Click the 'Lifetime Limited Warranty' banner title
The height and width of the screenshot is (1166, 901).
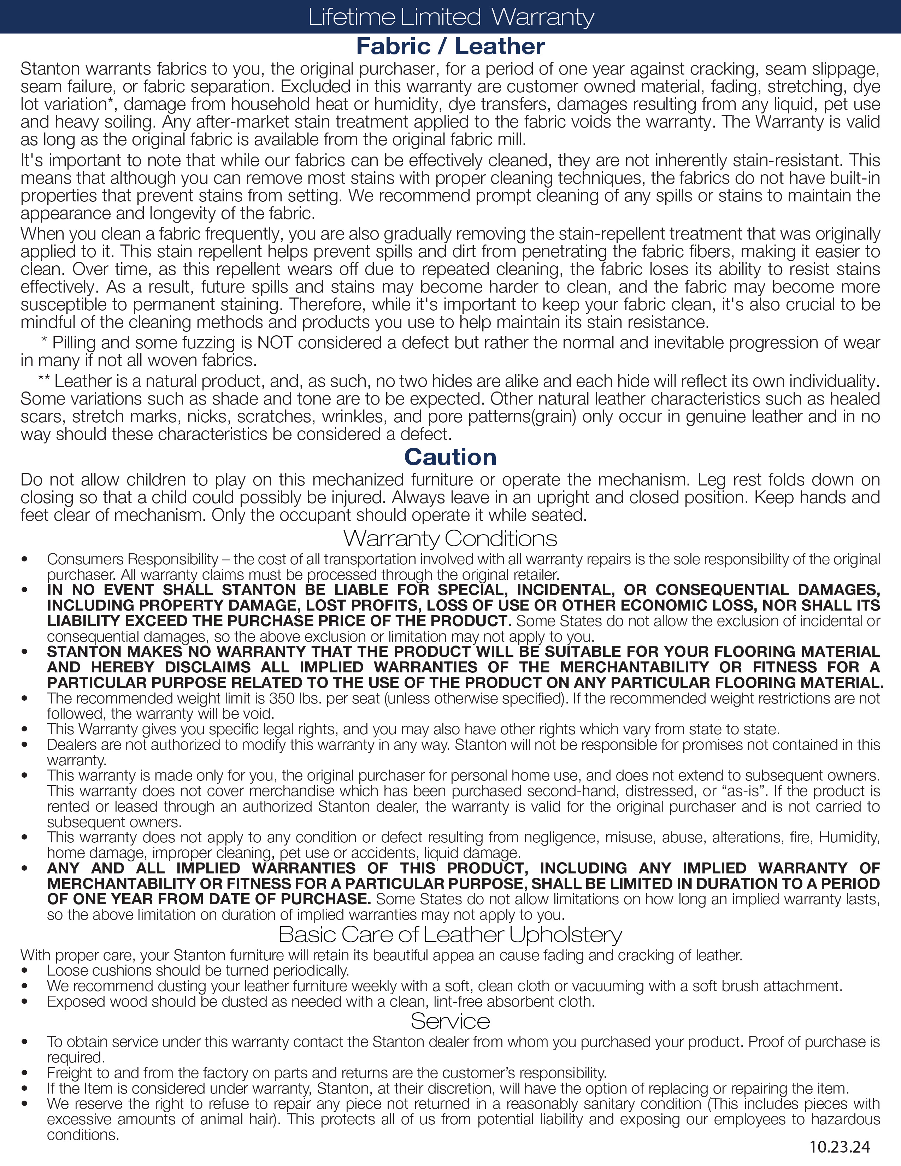(451, 17)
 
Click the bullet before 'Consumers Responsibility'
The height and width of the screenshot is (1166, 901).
(24, 560)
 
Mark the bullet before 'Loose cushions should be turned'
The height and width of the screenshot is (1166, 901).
(24, 971)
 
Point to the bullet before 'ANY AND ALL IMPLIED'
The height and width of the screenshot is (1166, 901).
(24, 868)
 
